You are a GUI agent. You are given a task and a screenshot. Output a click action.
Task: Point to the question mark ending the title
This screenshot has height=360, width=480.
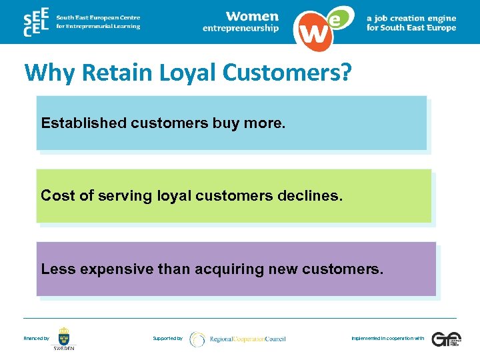(x=344, y=73)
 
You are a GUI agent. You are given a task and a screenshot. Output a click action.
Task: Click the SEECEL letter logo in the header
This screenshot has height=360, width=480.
(x=36, y=22)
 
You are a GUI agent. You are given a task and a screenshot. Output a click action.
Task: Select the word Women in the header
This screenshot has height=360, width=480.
(x=251, y=16)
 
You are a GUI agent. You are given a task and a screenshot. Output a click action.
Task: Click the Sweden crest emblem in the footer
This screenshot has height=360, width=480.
(x=64, y=336)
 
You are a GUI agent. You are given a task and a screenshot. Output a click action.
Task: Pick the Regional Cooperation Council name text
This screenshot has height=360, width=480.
(x=247, y=339)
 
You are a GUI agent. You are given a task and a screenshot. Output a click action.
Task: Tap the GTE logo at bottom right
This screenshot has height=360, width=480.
(x=445, y=339)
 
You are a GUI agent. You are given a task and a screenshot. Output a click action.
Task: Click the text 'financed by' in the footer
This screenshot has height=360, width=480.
(x=37, y=339)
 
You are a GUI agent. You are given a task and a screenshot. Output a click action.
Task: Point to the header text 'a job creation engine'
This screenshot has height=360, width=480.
(x=411, y=18)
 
